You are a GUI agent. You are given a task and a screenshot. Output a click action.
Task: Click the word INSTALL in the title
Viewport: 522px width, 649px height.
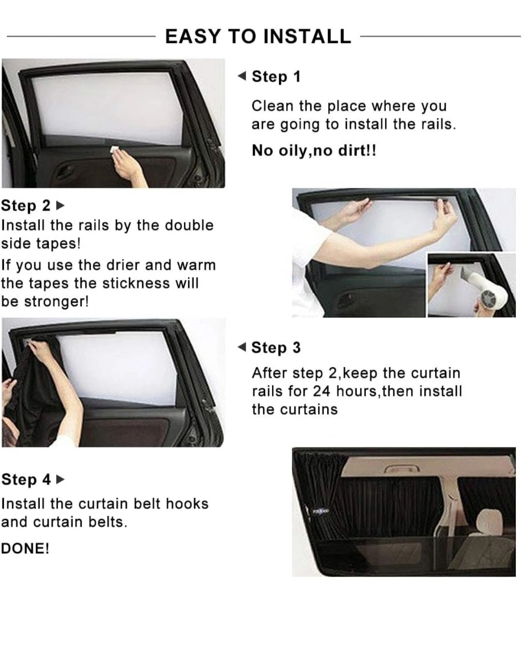coord(307,36)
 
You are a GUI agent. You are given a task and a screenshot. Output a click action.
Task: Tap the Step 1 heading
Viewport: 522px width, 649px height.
coord(276,76)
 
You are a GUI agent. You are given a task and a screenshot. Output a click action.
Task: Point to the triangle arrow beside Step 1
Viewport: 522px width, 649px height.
coord(242,76)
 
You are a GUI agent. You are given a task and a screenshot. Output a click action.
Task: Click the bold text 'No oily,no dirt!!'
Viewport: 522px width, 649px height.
coord(314,150)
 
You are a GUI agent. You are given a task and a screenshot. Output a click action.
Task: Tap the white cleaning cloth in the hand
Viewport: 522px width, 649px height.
coord(115,149)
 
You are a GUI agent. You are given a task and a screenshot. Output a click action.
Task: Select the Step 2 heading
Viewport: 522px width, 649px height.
coord(26,206)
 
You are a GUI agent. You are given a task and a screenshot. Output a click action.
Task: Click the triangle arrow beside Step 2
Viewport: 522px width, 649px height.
coord(60,206)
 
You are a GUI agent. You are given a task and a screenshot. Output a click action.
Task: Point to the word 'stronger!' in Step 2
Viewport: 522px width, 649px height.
coord(57,301)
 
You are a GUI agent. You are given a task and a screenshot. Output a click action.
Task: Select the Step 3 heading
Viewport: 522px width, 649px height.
coord(276,347)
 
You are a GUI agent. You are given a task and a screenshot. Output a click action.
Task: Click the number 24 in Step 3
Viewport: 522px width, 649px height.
coord(321,391)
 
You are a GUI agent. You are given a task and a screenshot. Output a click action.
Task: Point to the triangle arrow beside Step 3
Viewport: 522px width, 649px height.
coord(242,347)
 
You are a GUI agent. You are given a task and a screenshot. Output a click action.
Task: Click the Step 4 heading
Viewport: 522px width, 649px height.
coord(26,479)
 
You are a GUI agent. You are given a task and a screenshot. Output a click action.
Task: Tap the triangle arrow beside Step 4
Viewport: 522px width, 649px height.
coord(60,479)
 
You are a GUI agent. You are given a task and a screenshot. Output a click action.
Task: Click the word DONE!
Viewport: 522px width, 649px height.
coord(25,548)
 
